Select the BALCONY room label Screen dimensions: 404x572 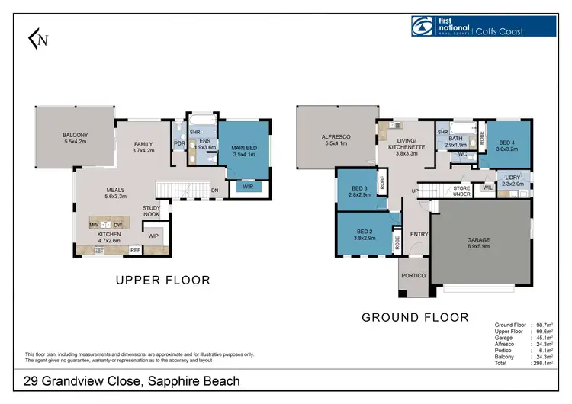[76, 136]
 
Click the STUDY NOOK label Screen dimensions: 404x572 [152, 210]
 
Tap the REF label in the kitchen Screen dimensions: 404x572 [134, 249]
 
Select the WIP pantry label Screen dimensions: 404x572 [153, 236]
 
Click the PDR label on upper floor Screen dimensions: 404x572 [179, 143]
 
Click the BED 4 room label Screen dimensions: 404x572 [507, 143]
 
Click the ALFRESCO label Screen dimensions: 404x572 [335, 138]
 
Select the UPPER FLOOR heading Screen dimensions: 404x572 [162, 281]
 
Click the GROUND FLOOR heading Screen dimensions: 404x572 [415, 316]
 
